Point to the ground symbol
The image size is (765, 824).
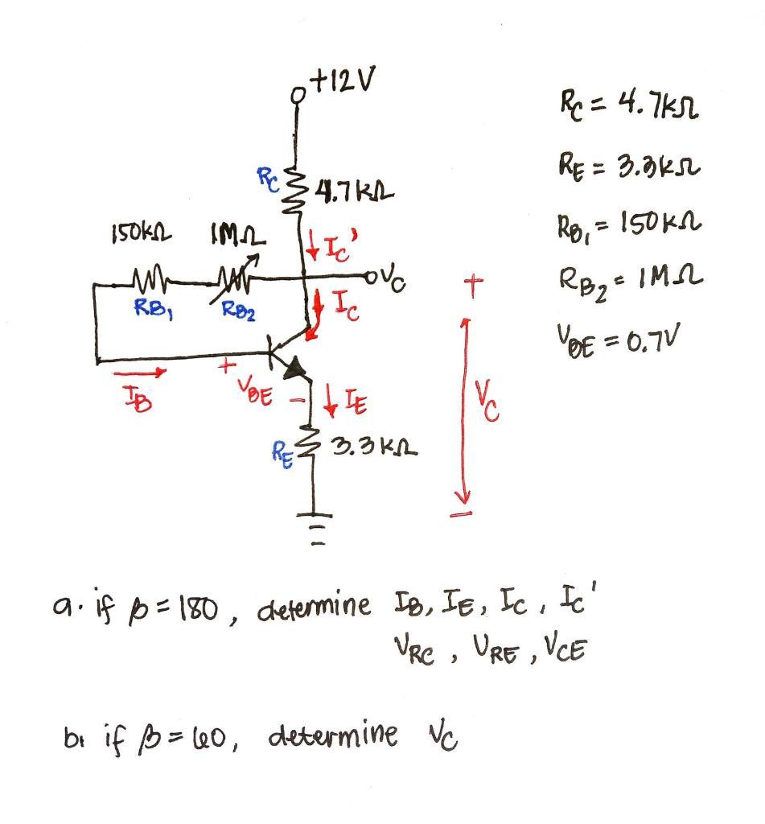[x=314, y=524]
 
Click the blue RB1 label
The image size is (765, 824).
[x=150, y=305]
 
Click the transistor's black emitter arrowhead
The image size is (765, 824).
[x=295, y=369]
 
